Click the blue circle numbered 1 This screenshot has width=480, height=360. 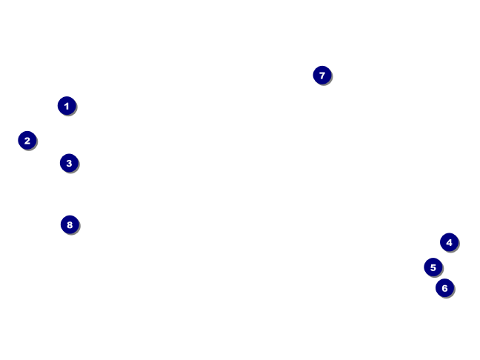[x=67, y=106]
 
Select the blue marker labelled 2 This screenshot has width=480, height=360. [x=27, y=140]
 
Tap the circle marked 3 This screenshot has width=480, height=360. [x=69, y=163]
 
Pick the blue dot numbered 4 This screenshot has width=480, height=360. [x=449, y=242]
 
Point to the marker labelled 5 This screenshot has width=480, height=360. [x=433, y=267]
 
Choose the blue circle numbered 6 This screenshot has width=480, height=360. [x=444, y=288]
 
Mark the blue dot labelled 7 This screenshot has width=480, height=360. [x=321, y=75]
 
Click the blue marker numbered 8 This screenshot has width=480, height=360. [x=70, y=224]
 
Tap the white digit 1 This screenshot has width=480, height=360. [x=67, y=106]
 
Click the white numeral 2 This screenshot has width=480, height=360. [x=27, y=140]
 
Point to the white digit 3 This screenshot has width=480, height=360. [x=69, y=163]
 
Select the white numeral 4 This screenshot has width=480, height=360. [x=449, y=242]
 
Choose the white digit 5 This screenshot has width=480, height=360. [x=433, y=267]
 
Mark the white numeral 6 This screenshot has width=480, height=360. [x=444, y=288]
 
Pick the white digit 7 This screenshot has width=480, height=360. [x=321, y=75]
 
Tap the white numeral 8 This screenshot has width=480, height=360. [x=70, y=224]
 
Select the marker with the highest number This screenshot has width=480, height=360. [x=70, y=224]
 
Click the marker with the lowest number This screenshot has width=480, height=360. [x=67, y=106]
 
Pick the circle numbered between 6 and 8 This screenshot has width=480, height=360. [x=321, y=75]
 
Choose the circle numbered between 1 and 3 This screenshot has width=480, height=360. [x=27, y=140]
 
